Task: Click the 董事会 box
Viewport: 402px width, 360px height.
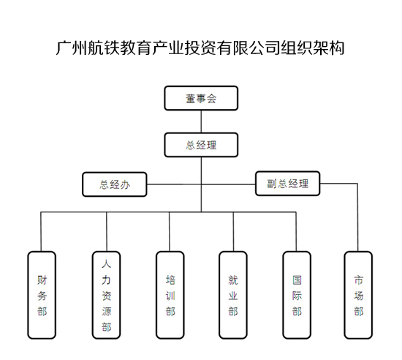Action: click(201, 98)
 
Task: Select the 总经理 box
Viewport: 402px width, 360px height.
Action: click(201, 145)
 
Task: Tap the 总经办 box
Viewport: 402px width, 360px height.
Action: click(115, 184)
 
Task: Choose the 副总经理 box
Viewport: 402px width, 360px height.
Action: click(288, 184)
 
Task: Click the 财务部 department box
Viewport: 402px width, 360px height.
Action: click(42, 295)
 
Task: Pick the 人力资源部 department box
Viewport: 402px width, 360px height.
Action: click(106, 295)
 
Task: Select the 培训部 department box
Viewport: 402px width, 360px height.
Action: click(170, 295)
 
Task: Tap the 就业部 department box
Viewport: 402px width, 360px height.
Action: click(233, 295)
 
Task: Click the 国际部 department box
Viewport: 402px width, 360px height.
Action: click(297, 295)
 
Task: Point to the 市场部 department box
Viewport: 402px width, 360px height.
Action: click(358, 295)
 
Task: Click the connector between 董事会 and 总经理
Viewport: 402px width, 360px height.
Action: click(201, 121)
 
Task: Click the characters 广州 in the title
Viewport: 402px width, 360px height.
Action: click(72, 48)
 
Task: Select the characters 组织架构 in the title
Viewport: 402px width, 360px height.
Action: click(312, 48)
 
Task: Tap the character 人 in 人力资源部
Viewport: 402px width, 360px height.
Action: click(106, 263)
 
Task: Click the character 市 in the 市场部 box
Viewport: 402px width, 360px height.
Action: click(358, 280)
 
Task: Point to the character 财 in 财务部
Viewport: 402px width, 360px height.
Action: click(42, 280)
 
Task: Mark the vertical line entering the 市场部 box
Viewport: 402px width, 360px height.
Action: click(357, 217)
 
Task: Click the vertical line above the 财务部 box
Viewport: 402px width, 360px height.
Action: click(41, 231)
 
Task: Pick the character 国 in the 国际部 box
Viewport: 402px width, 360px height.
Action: click(297, 280)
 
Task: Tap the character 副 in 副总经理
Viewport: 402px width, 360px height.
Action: click(272, 184)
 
